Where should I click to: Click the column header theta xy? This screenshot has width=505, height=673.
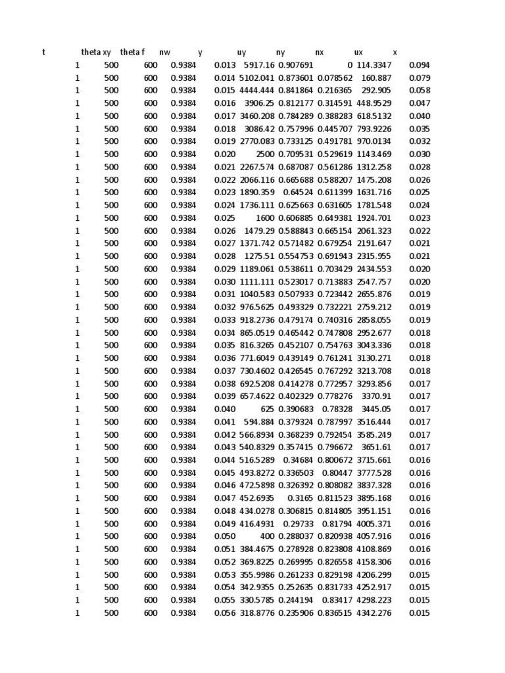point(96,52)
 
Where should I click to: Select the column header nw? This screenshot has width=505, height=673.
point(164,52)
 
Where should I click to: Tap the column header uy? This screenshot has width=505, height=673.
point(241,52)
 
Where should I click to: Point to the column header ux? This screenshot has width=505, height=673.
point(358,52)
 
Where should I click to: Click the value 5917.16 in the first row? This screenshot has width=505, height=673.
point(259,65)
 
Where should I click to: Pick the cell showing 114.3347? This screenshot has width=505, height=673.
point(374,65)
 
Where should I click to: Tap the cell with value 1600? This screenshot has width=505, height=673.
point(265,218)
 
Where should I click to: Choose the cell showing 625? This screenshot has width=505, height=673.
point(268,409)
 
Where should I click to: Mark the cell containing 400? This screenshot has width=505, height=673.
point(268,536)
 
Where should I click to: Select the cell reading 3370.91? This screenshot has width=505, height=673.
point(377,396)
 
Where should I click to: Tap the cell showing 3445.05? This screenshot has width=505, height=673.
point(377,409)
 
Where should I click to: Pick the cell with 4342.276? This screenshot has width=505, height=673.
point(374,613)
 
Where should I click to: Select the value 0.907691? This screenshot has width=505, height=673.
point(296,65)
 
